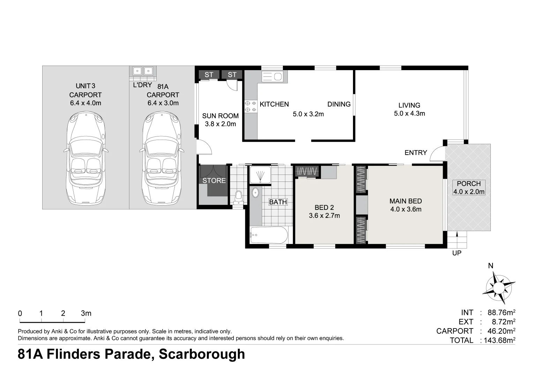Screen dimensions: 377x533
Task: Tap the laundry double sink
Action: pyautogui.click(x=143, y=71)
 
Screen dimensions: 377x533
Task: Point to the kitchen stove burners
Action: pyautogui.click(x=250, y=106)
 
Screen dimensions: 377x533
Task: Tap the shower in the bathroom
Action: pyautogui.click(x=259, y=175)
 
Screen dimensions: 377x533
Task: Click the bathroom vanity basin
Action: pyautogui.click(x=255, y=192)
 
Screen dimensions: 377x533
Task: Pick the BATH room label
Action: pyautogui.click(x=278, y=202)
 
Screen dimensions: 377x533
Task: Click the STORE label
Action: pyautogui.click(x=214, y=180)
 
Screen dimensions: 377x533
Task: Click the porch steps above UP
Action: pyautogui.click(x=457, y=240)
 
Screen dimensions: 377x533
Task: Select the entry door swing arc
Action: pyautogui.click(x=437, y=154)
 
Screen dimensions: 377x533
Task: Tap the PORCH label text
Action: pyautogui.click(x=468, y=184)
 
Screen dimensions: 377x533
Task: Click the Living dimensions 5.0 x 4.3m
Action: pyautogui.click(x=409, y=113)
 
